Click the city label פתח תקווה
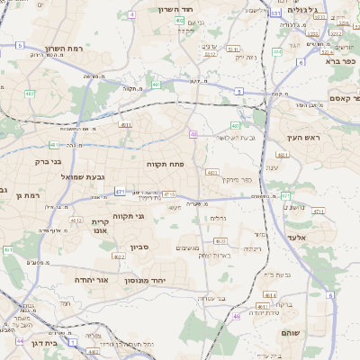point(165,165)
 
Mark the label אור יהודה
point(90,280)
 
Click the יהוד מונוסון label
point(166,280)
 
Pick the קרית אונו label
point(100,225)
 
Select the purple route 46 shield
point(236,316)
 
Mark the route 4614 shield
point(270,295)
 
